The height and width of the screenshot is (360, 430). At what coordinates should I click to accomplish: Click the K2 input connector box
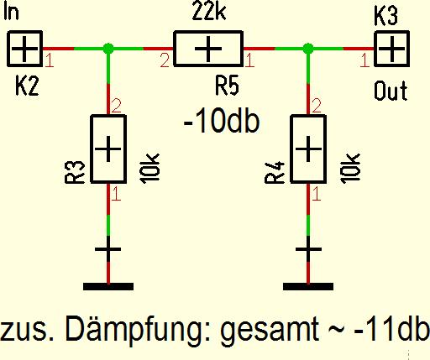(x=24, y=49)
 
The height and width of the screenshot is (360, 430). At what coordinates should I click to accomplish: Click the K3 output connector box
(x=392, y=49)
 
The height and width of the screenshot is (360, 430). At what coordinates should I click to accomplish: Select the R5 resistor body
(x=208, y=49)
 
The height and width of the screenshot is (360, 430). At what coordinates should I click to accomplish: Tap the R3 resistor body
(x=108, y=149)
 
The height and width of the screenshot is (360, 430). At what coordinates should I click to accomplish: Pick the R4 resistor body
(x=308, y=149)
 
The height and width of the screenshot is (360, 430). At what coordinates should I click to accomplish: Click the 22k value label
(x=209, y=12)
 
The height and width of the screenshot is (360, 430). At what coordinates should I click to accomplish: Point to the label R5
(x=227, y=86)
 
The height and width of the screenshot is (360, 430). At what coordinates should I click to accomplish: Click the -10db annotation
(x=222, y=121)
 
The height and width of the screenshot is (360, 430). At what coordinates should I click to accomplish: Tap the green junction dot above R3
(x=108, y=49)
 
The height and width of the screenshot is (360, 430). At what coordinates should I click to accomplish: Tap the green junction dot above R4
(x=308, y=49)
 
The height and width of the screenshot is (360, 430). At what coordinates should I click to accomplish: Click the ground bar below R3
(x=108, y=286)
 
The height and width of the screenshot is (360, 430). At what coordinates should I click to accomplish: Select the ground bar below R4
(x=308, y=286)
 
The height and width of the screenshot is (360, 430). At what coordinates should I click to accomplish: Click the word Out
(x=391, y=91)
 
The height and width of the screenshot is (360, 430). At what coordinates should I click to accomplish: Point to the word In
(x=11, y=12)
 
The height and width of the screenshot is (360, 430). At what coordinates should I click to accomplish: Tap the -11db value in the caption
(x=391, y=327)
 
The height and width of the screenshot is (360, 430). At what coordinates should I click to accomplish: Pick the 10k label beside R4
(x=350, y=169)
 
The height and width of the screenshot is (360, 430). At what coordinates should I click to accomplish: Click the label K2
(x=27, y=86)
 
